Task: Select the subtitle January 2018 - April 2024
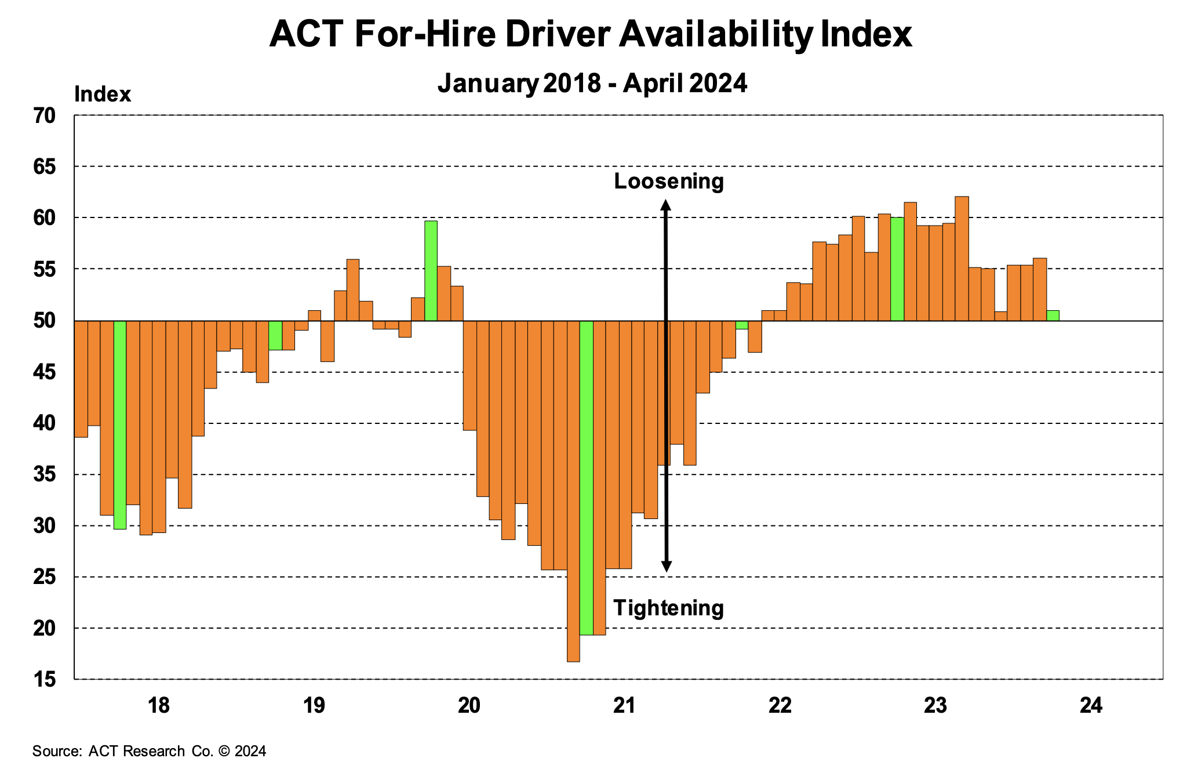[592, 84]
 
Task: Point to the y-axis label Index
[103, 95]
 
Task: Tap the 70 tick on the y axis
[45, 116]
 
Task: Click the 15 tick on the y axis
[45, 679]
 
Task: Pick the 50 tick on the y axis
[45, 321]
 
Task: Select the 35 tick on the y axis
[45, 475]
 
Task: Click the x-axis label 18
[158, 706]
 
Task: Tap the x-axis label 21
[624, 706]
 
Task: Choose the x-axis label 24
[1091, 706]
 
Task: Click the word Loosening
[669, 182]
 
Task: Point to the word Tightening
[668, 608]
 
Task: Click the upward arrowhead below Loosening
[667, 205]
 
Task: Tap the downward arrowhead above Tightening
[667, 567]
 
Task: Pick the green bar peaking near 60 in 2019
[431, 271]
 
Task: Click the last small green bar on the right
[1053, 315]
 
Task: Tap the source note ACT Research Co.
[149, 752]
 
